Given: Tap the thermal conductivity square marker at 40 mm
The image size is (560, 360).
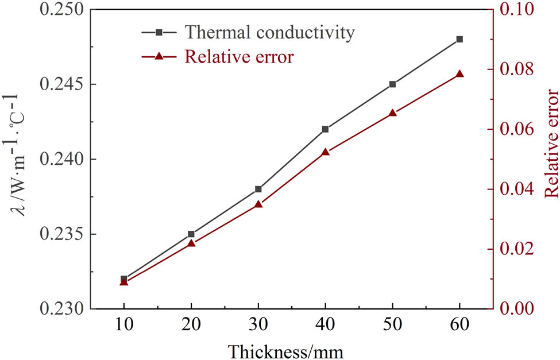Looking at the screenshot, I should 325,129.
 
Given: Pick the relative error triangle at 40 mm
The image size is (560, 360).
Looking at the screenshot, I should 325,152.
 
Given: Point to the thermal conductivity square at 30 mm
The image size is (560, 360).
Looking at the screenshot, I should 258,189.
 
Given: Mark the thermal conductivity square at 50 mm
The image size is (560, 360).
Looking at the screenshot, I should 392,84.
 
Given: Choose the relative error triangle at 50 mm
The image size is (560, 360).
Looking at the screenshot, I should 392,113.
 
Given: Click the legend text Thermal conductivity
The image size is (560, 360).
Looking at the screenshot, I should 269,33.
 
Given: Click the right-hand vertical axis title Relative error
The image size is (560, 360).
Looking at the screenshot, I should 550,152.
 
